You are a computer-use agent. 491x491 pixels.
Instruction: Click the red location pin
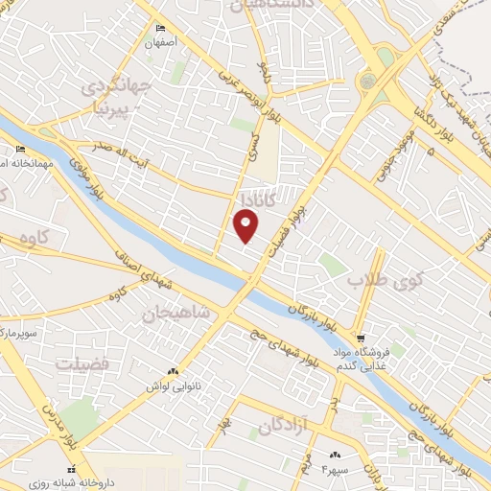pos(247,225)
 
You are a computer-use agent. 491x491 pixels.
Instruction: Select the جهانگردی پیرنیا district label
pos(117,93)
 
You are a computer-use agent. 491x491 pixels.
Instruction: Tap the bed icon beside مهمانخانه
pos(21,149)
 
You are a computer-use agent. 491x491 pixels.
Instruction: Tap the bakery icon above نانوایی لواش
pos(173,371)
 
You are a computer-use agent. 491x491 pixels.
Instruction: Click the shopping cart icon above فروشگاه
pos(361,339)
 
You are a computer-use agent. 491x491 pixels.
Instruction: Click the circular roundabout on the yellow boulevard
pos(368,82)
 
